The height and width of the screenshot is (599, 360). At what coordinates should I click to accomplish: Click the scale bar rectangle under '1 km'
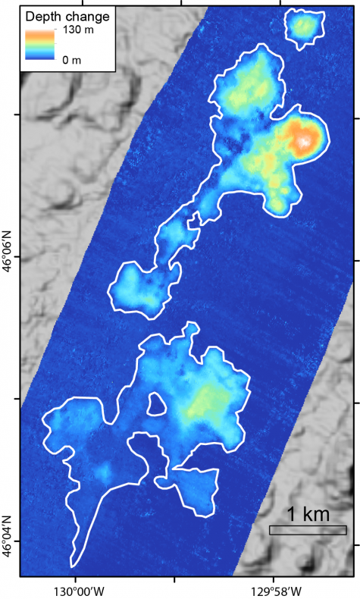[308, 530]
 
